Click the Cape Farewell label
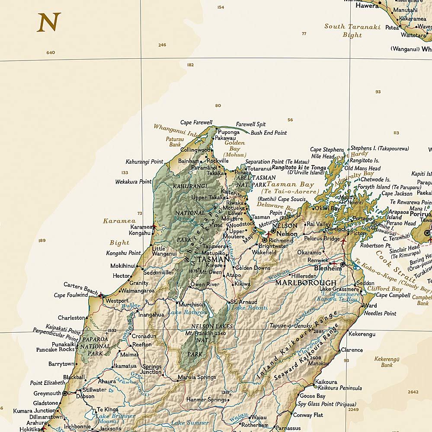pyautogui.click(x=196, y=123)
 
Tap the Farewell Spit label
pyautogui.click(x=251, y=124)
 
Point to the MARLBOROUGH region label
pyautogui.click(x=306, y=283)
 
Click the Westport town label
pyautogui.click(x=117, y=301)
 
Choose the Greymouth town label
pyautogui.click(x=47, y=394)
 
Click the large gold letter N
pyautogui.click(x=48, y=22)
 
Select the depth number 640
pyautogui.click(x=51, y=53)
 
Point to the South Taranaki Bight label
pyautogui.click(x=352, y=31)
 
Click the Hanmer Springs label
pyautogui.click(x=206, y=400)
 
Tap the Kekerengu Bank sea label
pyautogui.click(x=387, y=362)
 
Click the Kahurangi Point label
pyautogui.click(x=144, y=162)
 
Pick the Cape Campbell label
pyautogui.click(x=393, y=295)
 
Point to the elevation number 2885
pyautogui.click(x=318, y=331)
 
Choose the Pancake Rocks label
pyautogui.click(x=55, y=349)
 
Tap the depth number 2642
pyautogui.click(x=413, y=392)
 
